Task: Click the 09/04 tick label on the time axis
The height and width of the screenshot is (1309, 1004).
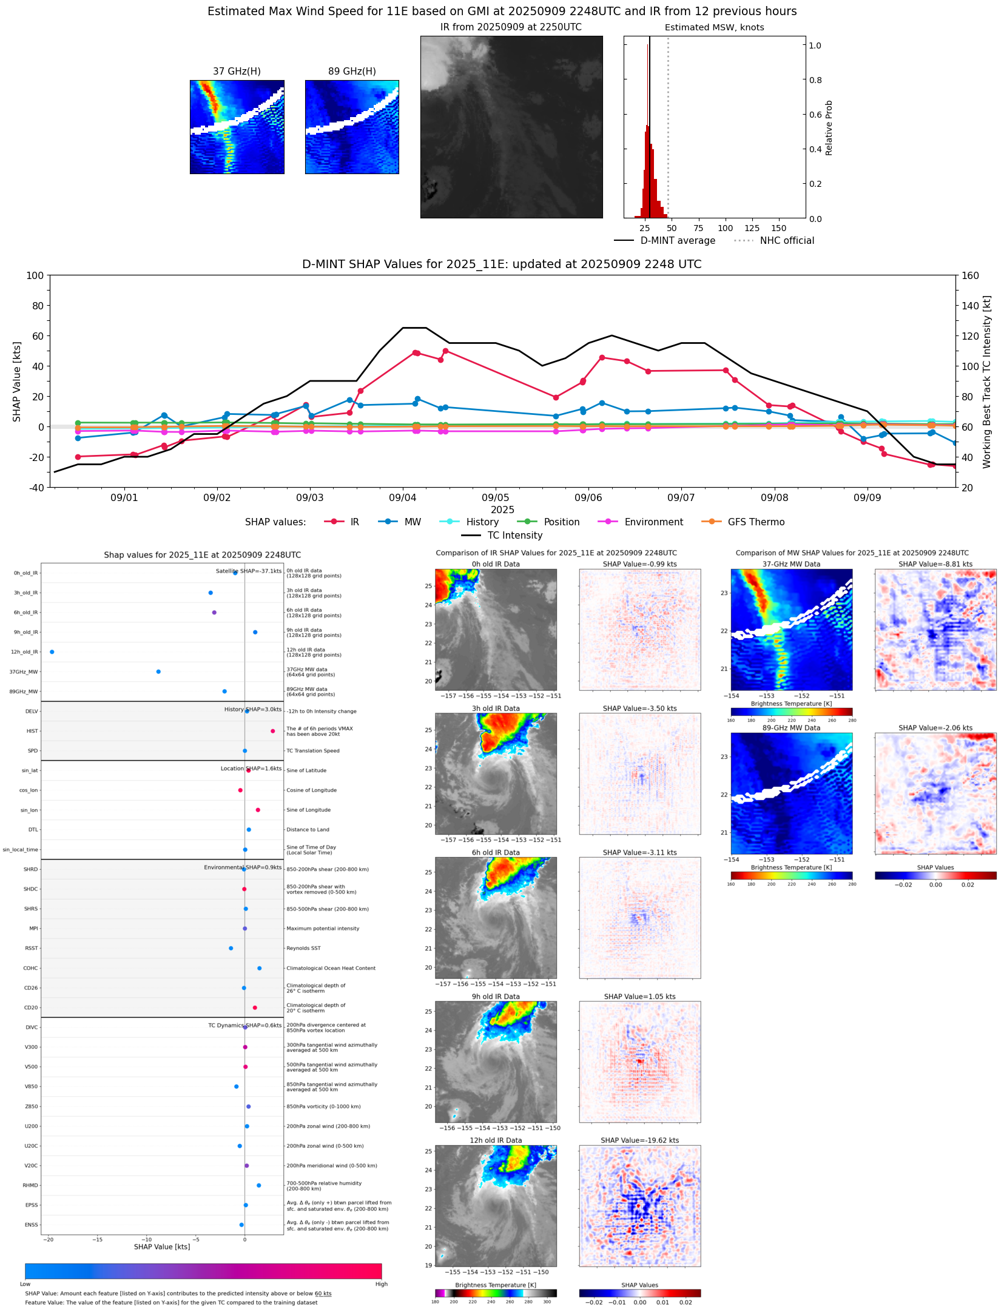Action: pyautogui.click(x=402, y=497)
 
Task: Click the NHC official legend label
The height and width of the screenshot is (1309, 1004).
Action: pyautogui.click(x=787, y=240)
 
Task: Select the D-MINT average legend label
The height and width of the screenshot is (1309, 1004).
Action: pyautogui.click(x=678, y=240)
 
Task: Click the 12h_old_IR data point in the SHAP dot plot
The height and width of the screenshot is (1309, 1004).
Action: pyautogui.click(x=52, y=651)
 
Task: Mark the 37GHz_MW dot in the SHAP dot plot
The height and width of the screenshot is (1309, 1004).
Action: pyautogui.click(x=158, y=671)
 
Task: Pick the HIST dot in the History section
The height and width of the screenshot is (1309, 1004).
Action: pyautogui.click(x=273, y=731)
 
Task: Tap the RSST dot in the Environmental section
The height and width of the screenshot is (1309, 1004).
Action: pyautogui.click(x=231, y=948)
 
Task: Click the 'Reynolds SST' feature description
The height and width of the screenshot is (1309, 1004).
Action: pyautogui.click(x=303, y=948)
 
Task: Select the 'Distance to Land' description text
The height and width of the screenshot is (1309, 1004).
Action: pyautogui.click(x=308, y=829)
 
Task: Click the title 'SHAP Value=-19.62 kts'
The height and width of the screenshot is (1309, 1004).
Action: pyautogui.click(x=639, y=1140)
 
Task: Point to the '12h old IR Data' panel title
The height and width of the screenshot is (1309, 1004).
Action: pyautogui.click(x=496, y=1140)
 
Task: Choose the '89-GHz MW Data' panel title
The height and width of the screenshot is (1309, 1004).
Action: pyautogui.click(x=791, y=728)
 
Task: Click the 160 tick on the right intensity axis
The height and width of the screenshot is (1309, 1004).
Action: pyautogui.click(x=970, y=275)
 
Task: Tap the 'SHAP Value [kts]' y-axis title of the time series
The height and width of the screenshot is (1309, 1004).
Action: pyautogui.click(x=17, y=382)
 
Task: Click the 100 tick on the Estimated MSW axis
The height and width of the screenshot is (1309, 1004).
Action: pyautogui.click(x=725, y=228)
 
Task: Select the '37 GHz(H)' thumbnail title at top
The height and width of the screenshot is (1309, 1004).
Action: pyautogui.click(x=237, y=72)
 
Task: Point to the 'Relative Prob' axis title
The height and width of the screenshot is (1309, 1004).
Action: pyautogui.click(x=829, y=128)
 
